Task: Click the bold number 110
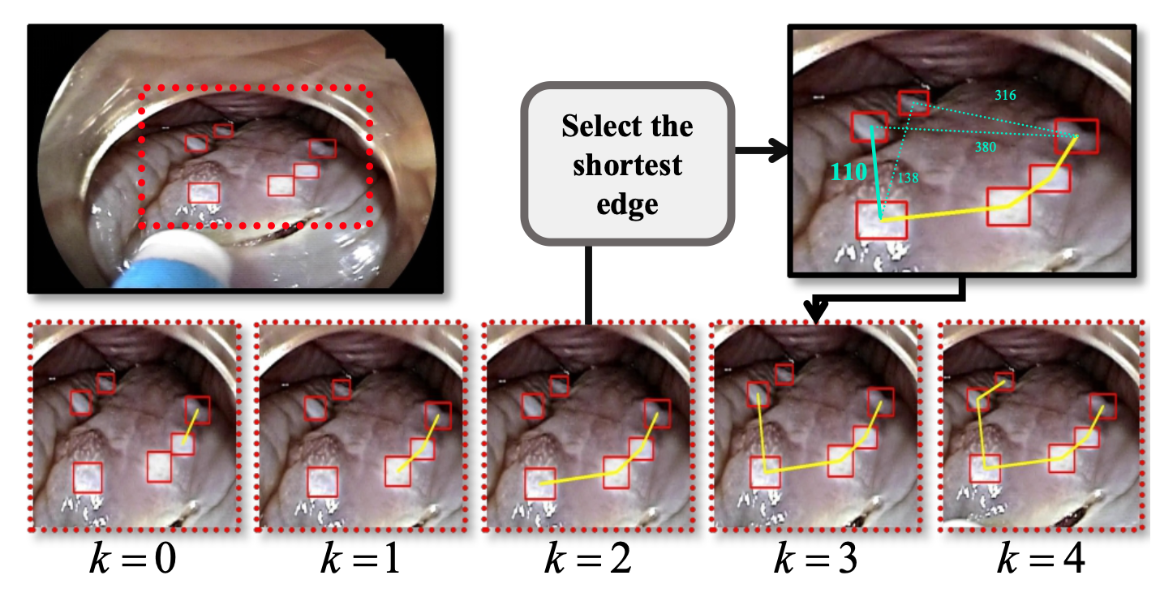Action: (x=848, y=172)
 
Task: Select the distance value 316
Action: (x=1005, y=96)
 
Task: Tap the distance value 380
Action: (x=985, y=147)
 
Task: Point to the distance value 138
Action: (x=909, y=177)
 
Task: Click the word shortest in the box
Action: (x=627, y=165)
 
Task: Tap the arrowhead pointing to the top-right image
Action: (x=779, y=150)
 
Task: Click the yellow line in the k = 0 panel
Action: (x=190, y=426)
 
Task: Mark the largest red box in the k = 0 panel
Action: (x=88, y=478)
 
